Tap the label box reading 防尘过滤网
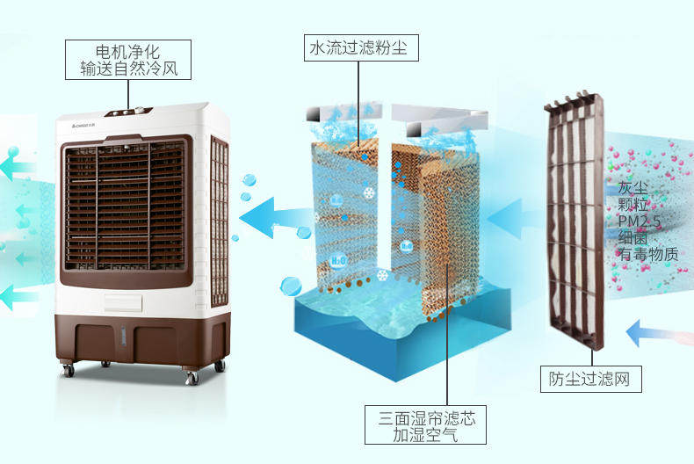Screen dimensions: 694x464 pos(589,380)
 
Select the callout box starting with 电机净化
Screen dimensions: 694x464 pos(128,58)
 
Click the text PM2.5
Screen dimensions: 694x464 pos(638,221)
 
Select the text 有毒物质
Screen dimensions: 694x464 pos(648,254)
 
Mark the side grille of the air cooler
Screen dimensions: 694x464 pos(219,220)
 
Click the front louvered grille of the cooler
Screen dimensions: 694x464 pos(126,207)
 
